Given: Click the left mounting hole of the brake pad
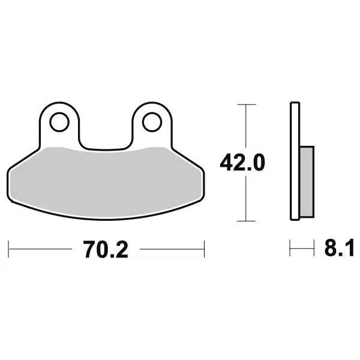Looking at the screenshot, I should point(59,122).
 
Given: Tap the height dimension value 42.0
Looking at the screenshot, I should point(242,162).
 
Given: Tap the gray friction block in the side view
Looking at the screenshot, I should point(306,182).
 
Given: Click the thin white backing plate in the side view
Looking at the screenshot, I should point(293,162).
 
